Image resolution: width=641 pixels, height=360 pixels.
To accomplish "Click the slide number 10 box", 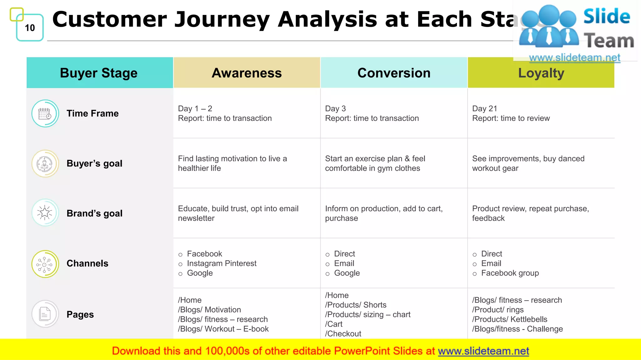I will [30, 28].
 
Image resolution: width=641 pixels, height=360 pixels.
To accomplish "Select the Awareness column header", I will [247, 73].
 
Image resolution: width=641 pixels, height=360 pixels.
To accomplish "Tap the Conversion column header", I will [394, 73].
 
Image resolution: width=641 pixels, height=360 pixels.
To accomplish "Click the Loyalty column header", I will [541, 73].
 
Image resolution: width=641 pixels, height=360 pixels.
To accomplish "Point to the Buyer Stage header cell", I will [99, 73].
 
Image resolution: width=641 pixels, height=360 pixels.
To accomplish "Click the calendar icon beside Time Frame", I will [45, 113].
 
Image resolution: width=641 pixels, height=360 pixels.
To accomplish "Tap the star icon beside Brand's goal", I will [45, 213].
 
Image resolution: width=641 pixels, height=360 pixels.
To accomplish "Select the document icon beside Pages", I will [45, 314].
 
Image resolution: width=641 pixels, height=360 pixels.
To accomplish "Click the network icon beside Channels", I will [45, 264].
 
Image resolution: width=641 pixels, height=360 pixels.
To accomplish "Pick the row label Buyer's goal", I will [94, 163].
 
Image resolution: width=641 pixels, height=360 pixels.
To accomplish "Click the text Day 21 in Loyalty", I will [485, 108].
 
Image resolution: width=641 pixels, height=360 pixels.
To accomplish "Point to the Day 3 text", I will [335, 108].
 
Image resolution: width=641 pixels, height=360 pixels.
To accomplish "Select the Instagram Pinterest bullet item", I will [222, 263].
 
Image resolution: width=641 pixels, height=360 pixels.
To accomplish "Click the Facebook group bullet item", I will [510, 273].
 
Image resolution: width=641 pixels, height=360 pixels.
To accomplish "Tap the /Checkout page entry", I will [343, 334].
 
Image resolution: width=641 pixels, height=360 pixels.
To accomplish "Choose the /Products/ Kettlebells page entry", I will [510, 319].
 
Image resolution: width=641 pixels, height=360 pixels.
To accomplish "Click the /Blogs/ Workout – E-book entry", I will [223, 329].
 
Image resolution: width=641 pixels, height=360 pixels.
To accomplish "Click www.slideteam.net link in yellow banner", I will [483, 351].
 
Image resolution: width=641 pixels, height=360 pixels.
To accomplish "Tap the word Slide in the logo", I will [607, 17].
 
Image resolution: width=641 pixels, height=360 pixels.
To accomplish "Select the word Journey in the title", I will [222, 19].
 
